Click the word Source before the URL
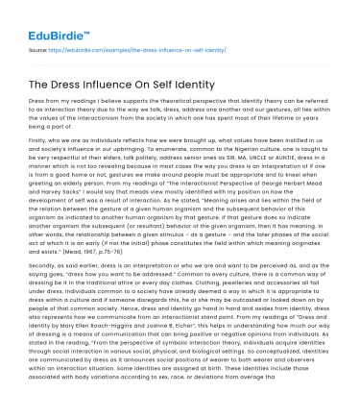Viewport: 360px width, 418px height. [x=38, y=49]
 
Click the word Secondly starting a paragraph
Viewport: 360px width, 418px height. [x=43, y=289]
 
